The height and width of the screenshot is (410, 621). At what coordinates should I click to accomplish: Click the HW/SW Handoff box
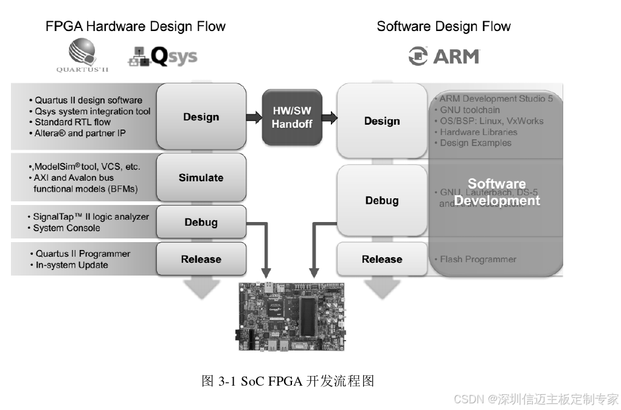click(x=292, y=117)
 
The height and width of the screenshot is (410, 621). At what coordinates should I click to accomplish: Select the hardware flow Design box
click(x=201, y=117)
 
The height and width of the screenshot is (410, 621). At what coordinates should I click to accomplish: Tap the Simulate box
click(x=201, y=178)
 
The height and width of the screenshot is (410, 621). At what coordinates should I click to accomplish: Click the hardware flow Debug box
click(x=201, y=222)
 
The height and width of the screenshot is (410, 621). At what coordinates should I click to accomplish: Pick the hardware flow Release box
click(x=201, y=259)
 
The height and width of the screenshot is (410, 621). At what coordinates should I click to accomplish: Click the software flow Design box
click(x=382, y=121)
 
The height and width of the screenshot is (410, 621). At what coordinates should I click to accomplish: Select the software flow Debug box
click(x=382, y=200)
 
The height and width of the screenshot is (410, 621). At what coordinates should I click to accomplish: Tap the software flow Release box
click(x=382, y=259)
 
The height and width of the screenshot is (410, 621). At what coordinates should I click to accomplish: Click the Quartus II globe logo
click(x=82, y=52)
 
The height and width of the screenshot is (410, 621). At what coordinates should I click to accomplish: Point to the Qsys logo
click(x=162, y=57)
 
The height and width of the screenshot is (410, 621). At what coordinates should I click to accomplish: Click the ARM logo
click(x=444, y=57)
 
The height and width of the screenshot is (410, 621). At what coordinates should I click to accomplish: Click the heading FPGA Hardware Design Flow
click(x=136, y=27)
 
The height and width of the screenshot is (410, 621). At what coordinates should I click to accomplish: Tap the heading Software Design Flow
click(x=443, y=27)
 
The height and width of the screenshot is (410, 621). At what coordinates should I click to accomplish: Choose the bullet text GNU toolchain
click(x=470, y=110)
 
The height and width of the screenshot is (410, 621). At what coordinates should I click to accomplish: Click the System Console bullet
click(x=66, y=228)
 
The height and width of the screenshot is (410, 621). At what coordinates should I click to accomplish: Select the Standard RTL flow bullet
click(x=72, y=122)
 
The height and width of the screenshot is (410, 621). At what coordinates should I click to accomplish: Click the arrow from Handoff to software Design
click(x=329, y=117)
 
